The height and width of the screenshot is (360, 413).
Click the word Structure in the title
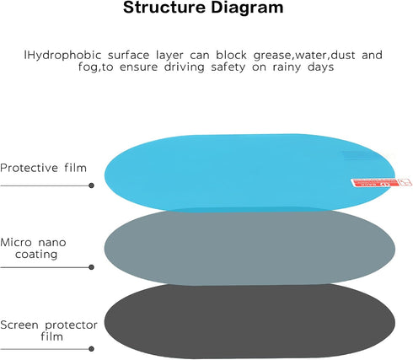point(164,8)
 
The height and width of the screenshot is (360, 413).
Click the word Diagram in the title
point(247,8)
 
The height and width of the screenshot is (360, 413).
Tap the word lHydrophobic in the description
point(62,56)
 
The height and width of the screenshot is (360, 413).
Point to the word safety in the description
point(228,67)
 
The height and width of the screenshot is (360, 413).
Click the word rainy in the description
point(287,67)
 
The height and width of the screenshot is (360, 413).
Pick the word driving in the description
point(185,67)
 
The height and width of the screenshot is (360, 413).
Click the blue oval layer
point(249,172)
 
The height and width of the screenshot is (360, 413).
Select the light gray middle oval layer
point(249,248)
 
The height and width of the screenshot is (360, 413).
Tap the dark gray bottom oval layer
point(249,322)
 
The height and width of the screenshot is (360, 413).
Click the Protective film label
point(44,168)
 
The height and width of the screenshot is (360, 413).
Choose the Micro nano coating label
point(34,249)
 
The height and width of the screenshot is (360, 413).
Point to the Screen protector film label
point(49,330)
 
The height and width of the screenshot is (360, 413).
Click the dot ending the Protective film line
point(91,185)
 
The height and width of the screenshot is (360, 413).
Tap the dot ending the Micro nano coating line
point(91,267)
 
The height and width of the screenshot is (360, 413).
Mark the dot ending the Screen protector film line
point(91,349)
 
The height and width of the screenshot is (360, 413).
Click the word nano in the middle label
point(52,243)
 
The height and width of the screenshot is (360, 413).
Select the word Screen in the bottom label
point(19,325)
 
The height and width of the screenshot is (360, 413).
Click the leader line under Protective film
point(45,185)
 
